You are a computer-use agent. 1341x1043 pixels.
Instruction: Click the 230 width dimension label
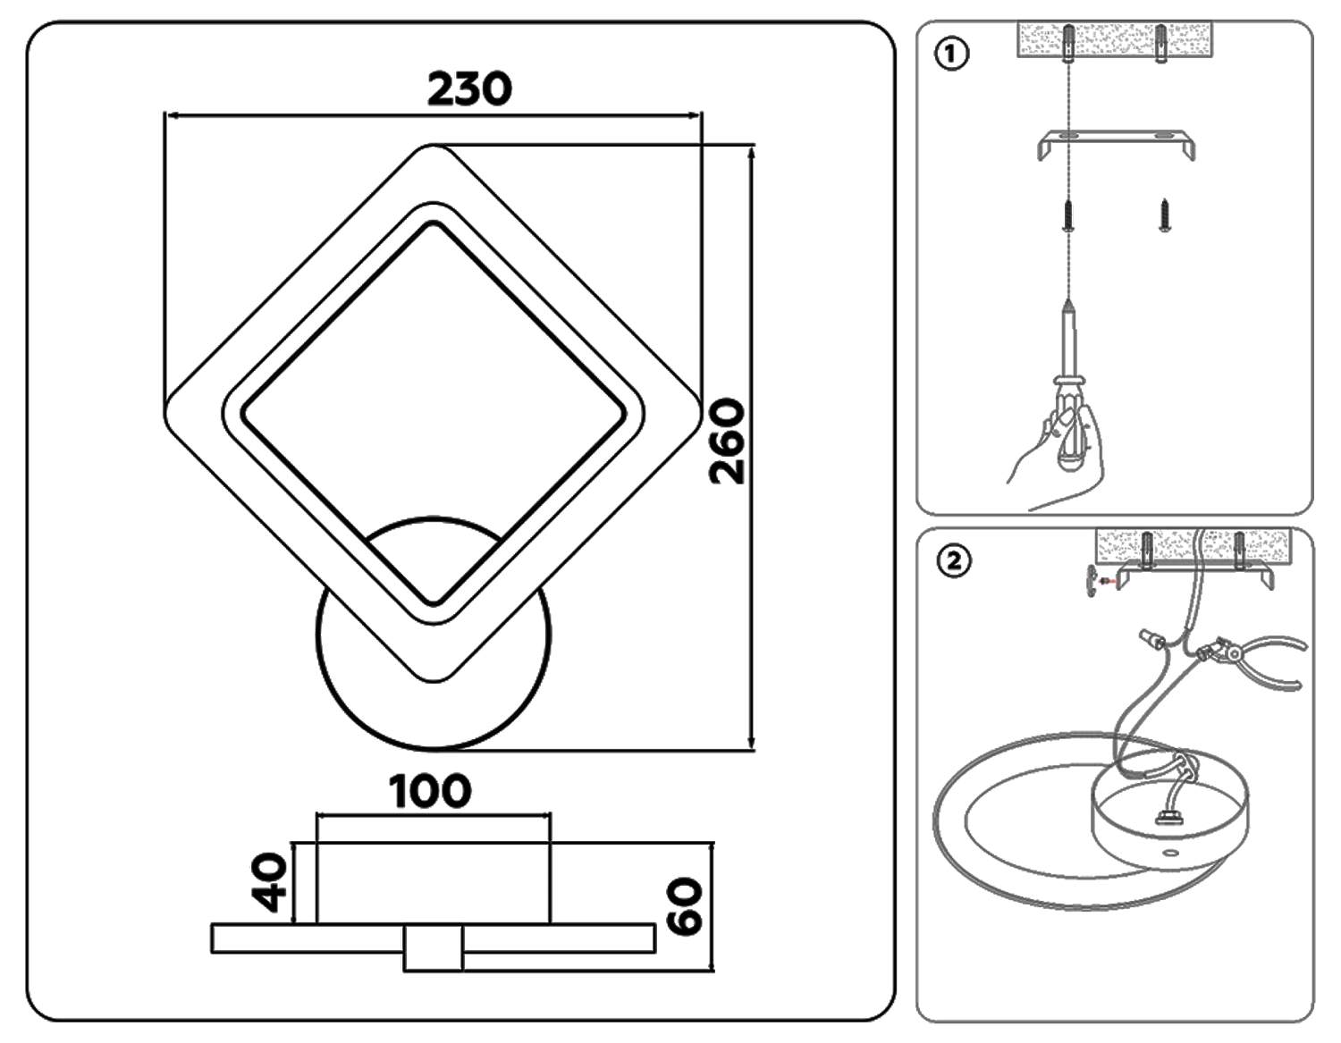468,88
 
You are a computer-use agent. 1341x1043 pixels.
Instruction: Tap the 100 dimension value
430,791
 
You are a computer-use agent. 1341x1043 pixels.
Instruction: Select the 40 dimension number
271,882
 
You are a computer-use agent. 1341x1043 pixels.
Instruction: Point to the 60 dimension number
687,907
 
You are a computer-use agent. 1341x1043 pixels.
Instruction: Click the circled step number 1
950,55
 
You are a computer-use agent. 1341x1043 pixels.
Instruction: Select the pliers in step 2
1261,657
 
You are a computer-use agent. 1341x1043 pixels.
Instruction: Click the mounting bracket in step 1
1116,143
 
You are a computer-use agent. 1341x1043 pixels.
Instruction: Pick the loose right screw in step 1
1164,215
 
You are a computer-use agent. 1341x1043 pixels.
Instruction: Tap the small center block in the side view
434,948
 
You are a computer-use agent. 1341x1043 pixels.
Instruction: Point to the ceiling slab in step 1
1115,40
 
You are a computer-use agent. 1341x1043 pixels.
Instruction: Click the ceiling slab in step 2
1193,544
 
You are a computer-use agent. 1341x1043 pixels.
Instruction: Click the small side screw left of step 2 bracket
1094,581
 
